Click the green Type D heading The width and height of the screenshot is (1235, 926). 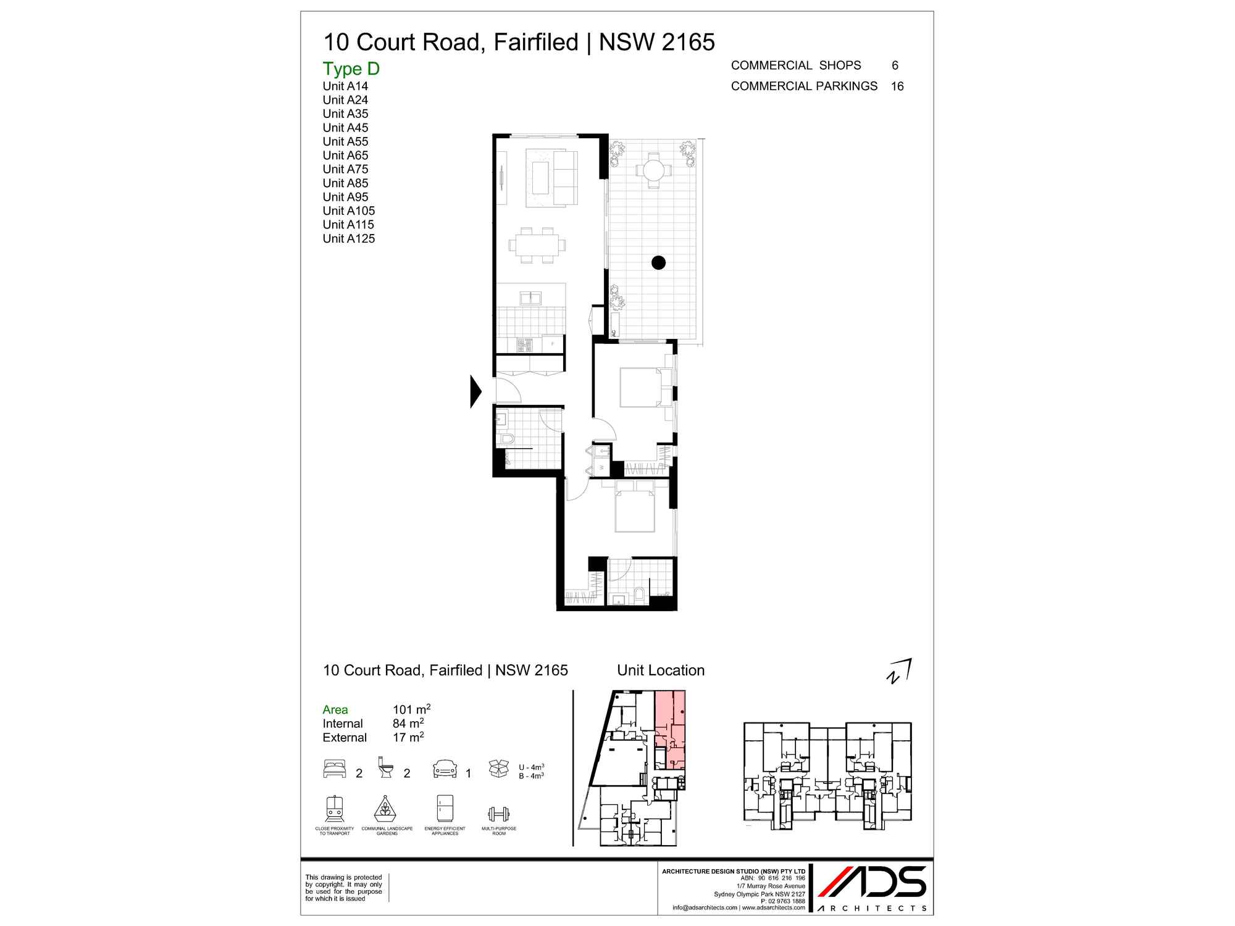coord(351,69)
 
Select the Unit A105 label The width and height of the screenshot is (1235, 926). coord(348,211)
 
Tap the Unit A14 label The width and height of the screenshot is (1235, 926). coord(345,86)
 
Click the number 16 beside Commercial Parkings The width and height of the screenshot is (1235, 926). coord(897,86)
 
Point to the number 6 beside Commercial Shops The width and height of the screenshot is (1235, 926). coord(895,65)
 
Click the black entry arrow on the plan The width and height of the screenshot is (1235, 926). coord(475,391)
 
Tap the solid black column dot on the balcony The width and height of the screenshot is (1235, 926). coord(658,262)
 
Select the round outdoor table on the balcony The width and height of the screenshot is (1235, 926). coord(653,169)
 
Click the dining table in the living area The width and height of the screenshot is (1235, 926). coord(534,244)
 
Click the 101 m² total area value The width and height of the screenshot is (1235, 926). coord(411,709)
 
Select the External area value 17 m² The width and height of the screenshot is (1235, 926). coord(408,737)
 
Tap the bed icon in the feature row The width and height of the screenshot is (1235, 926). coord(335,769)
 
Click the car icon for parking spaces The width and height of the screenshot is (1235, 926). coord(445,769)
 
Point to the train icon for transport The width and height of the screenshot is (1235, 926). coord(334,808)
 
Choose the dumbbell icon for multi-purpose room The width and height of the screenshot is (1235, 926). coord(498,813)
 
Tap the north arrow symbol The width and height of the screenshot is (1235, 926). coord(899,672)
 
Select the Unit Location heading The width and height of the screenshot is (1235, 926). coord(661,670)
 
